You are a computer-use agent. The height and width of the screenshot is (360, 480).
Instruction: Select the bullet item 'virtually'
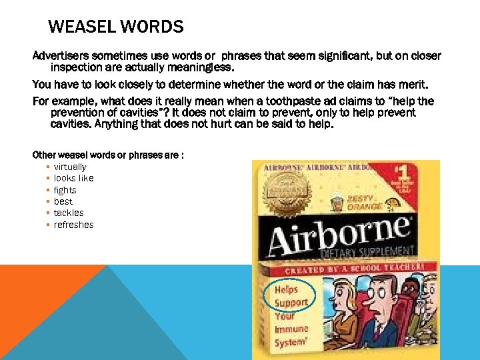point(70,167)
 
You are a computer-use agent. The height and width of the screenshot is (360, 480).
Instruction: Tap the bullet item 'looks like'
point(73,178)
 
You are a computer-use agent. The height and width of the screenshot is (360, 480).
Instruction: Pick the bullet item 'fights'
point(65,190)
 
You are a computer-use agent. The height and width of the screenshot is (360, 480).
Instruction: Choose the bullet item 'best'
point(63,201)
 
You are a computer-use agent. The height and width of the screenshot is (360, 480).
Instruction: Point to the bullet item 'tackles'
point(69,213)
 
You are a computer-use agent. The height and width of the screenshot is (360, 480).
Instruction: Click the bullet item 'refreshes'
point(73,225)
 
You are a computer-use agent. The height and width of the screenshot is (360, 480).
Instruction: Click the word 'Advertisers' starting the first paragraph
point(61,55)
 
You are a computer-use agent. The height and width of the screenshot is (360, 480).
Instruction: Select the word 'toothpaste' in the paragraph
point(311,101)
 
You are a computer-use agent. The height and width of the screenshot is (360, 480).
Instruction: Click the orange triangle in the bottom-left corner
point(40,300)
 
